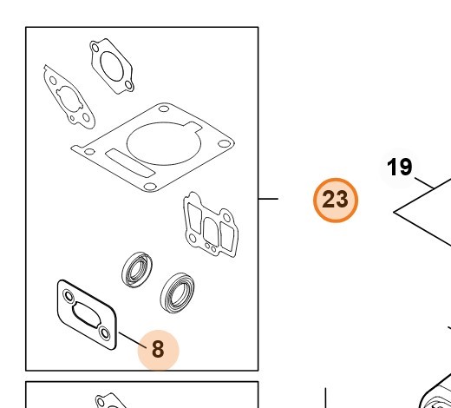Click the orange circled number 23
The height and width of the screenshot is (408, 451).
(x=336, y=201)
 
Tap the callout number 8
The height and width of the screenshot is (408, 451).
(x=158, y=349)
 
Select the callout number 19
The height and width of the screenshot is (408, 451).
(x=399, y=167)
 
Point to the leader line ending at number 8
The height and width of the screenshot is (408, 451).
(x=133, y=340)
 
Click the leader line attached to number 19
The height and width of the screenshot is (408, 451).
(x=424, y=183)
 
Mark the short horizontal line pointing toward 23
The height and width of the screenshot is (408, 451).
(x=268, y=199)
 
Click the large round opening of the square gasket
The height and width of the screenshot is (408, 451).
(x=164, y=143)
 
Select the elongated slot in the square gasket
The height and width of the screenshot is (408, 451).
(x=130, y=163)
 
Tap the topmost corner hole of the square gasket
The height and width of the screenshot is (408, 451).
(x=164, y=109)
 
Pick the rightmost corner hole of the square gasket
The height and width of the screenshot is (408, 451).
(x=225, y=143)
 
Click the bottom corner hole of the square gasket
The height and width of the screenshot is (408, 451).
(x=150, y=187)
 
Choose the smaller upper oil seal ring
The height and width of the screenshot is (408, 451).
(x=137, y=270)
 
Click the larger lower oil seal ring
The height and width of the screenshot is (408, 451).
(x=177, y=293)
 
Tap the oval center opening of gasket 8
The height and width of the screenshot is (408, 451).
(x=86, y=315)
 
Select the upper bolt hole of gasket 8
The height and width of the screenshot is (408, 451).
(x=69, y=296)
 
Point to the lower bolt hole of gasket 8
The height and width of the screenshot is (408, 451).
(x=104, y=333)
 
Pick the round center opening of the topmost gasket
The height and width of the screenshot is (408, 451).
(x=112, y=66)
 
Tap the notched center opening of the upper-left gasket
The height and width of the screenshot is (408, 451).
(x=69, y=99)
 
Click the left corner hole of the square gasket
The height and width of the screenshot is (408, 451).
(x=89, y=151)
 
